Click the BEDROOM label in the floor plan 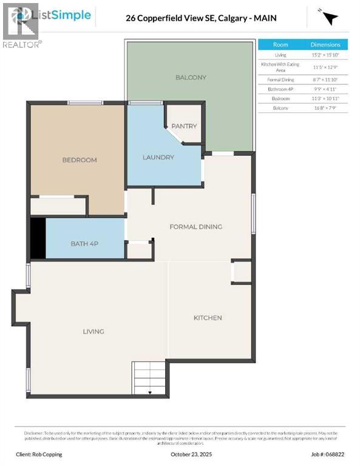click(80, 160)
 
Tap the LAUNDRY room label click(158, 158)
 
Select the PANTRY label click(184, 126)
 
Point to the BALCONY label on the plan click(191, 78)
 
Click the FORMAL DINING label click(195, 227)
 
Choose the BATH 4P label click(84, 243)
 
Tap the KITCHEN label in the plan click(208, 318)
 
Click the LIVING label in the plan click(93, 331)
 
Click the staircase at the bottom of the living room click(150, 377)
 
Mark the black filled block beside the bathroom click(38, 238)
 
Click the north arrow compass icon click(328, 18)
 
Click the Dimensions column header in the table click(325, 45)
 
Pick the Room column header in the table click(280, 45)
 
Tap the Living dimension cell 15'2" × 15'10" click(325, 55)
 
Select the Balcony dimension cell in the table click(325, 108)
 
